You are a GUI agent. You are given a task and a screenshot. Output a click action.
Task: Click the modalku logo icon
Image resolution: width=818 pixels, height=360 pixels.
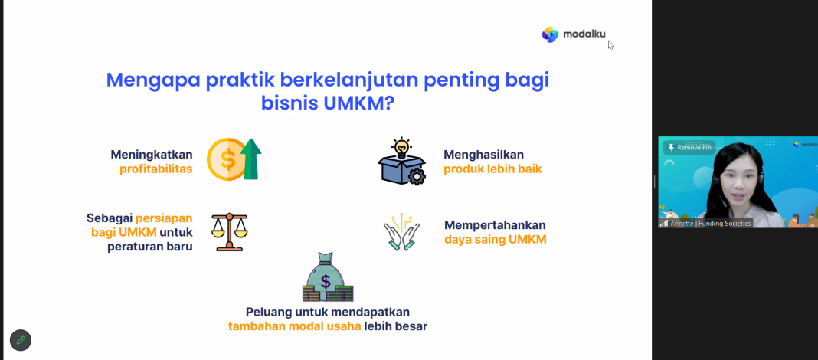click(550, 34)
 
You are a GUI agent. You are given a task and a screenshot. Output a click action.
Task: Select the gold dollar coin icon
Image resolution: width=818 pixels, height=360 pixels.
click(227, 159)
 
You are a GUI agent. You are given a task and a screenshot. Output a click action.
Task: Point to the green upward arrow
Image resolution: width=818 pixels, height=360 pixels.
click(251, 159)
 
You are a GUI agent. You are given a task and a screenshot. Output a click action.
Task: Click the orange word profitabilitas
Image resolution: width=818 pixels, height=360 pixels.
click(156, 169)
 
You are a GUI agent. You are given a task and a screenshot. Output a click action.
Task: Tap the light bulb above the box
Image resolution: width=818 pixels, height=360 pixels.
click(401, 148)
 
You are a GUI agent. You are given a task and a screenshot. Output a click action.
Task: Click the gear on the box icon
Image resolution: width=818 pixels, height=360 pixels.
click(417, 176)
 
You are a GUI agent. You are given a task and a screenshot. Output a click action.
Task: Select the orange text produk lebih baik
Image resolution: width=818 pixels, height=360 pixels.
click(492, 169)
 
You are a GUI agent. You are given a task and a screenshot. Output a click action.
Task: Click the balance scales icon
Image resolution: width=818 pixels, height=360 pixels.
click(230, 232)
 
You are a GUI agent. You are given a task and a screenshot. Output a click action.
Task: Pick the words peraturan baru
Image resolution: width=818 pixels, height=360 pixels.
click(150, 247)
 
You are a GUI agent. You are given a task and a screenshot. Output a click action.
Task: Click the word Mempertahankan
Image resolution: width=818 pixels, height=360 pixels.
click(495, 225)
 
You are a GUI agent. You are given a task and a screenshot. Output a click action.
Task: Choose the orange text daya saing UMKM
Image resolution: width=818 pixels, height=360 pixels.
click(495, 240)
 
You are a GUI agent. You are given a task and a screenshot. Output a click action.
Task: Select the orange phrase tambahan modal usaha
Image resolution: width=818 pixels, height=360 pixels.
click(294, 326)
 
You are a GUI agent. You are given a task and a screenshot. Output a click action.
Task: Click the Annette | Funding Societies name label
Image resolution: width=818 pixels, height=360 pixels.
click(710, 224)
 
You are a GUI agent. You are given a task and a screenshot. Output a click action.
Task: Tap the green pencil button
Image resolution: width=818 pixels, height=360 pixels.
click(21, 340)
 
